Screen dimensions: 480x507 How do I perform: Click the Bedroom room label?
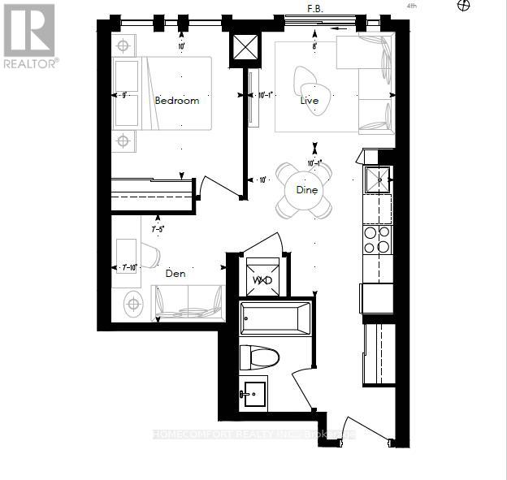pos(176,101)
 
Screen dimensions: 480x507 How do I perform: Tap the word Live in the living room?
pos(309,101)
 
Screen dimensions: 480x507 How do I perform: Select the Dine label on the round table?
pos(305,190)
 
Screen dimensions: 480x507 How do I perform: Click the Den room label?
pos(175,274)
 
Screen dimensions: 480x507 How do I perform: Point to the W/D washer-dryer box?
pos(262,279)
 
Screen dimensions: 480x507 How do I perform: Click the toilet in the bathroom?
pos(260,357)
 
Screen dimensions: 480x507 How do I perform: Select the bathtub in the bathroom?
pos(275,318)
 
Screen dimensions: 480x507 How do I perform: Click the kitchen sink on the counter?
pos(376,179)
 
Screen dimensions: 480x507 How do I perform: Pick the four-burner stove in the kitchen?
pos(376,240)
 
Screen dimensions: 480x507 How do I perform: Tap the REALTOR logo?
pos(29,37)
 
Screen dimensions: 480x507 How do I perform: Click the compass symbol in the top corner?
pos(465,6)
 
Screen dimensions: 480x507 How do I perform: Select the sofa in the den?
pos(188,303)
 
